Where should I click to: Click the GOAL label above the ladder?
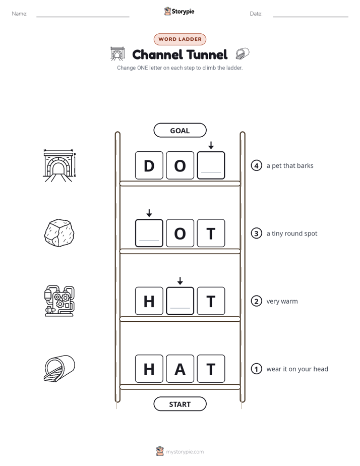click(x=179, y=130)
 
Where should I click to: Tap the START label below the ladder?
click(x=179, y=404)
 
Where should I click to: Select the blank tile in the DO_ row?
click(x=211, y=165)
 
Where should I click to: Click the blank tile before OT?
click(x=149, y=233)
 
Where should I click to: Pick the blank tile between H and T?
click(x=180, y=301)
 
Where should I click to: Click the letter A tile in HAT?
click(x=180, y=369)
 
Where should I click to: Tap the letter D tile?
click(x=149, y=165)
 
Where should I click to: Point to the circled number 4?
click(x=256, y=165)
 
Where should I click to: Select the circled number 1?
click(x=256, y=369)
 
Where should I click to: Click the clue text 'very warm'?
click(x=282, y=301)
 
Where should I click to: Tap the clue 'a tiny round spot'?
click(x=292, y=234)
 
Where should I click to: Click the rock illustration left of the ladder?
click(x=59, y=233)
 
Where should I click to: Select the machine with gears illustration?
click(x=59, y=301)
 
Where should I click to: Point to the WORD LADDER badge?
click(x=179, y=39)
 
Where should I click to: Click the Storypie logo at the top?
click(x=179, y=11)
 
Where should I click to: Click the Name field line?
click(x=83, y=17)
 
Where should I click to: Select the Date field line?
click(x=311, y=17)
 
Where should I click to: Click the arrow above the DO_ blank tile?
click(x=211, y=145)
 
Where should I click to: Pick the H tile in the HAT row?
click(x=149, y=369)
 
